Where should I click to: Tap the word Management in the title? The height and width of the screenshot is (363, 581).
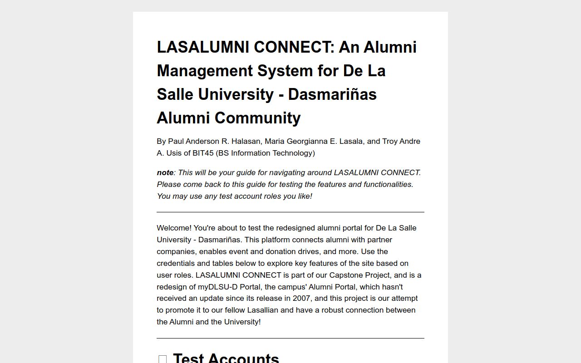click(205, 71)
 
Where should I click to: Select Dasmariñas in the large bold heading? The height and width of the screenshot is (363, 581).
click(332, 94)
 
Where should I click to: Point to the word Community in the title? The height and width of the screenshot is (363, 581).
click(257, 118)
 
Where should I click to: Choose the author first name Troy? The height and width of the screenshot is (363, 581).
click(390, 141)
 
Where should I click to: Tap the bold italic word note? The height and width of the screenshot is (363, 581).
click(165, 172)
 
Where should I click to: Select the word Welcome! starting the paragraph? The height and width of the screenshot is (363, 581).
click(174, 228)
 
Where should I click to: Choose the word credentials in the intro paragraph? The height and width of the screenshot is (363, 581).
click(176, 263)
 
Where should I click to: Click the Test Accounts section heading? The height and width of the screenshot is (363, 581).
click(226, 358)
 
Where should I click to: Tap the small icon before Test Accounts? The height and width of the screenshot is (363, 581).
click(162, 359)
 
